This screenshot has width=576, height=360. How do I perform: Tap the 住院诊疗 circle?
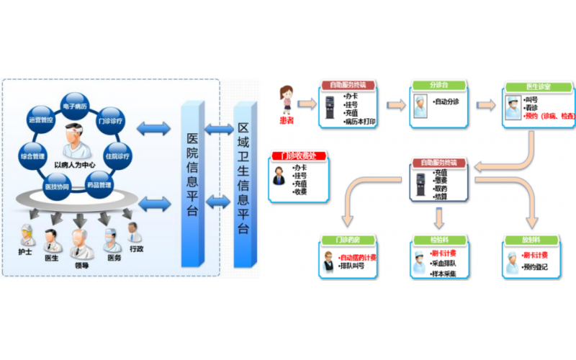click(117, 156)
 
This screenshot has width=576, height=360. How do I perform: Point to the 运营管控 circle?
click(40, 120)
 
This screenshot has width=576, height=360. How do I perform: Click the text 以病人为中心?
click(75, 164)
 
